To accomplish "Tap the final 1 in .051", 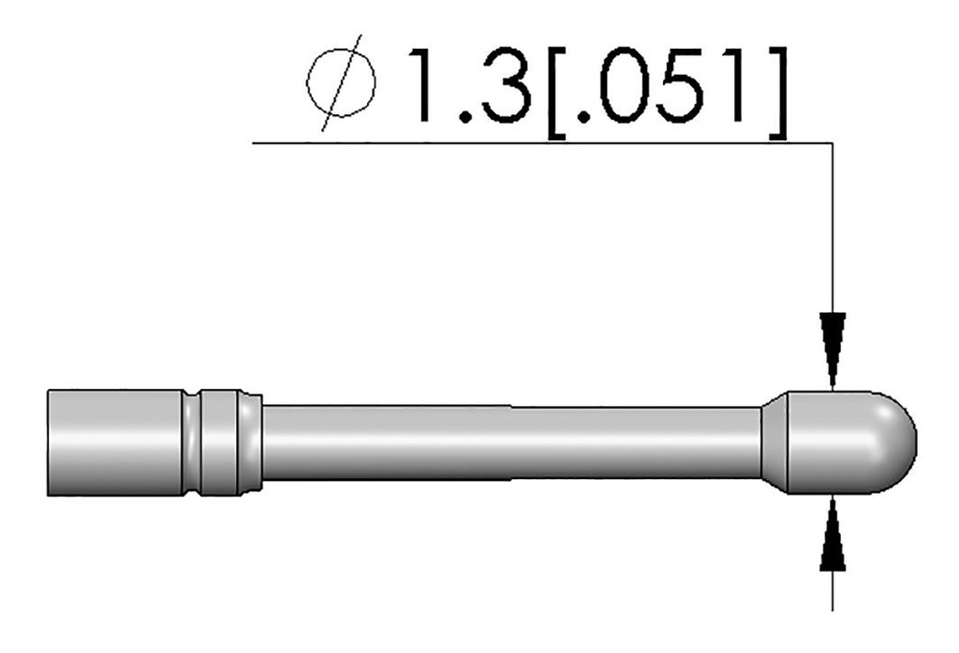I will pos(740,86).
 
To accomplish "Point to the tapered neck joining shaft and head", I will pos(775,442).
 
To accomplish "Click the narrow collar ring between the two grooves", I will pos(220,442).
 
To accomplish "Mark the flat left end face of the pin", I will pos(48,442).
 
